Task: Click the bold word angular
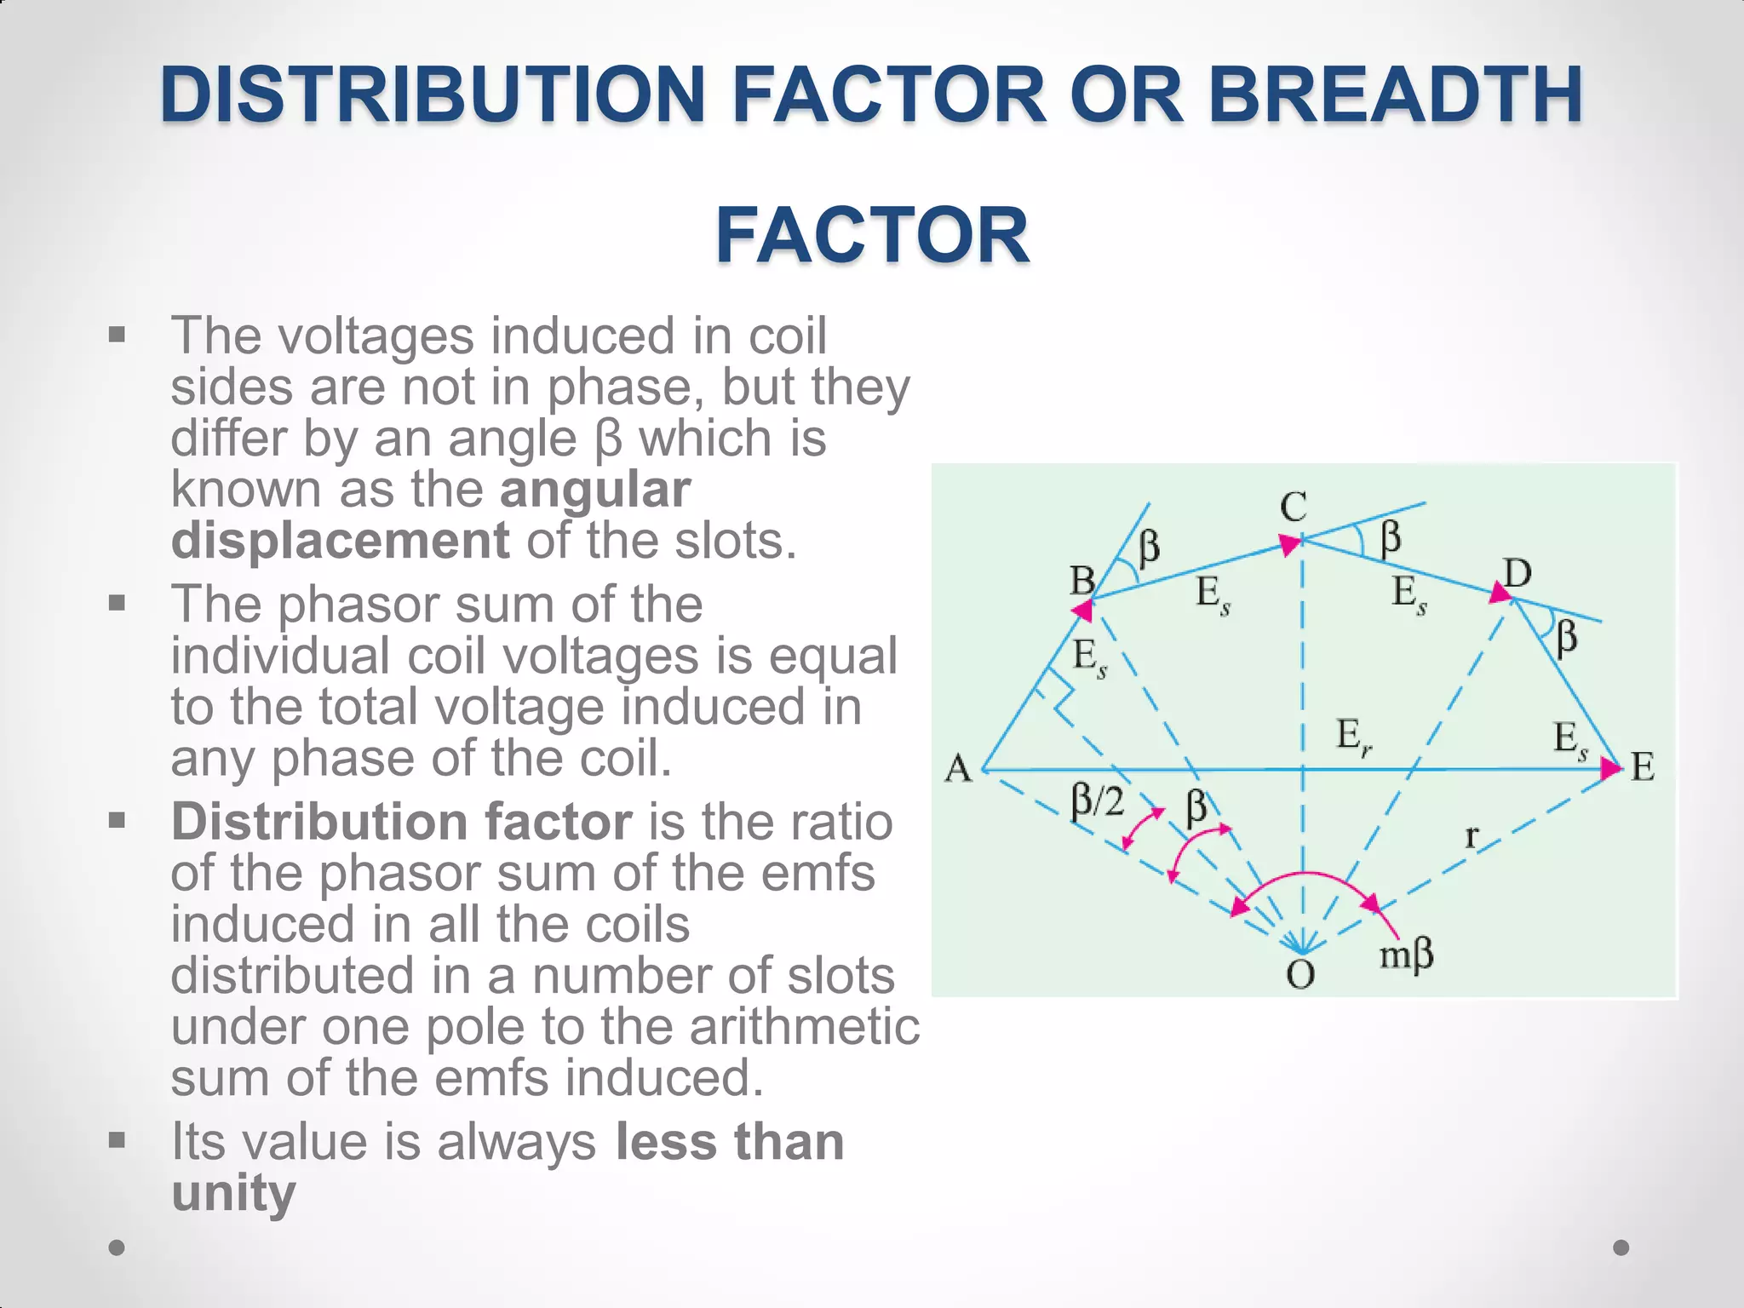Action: click(x=595, y=490)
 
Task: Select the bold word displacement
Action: click(x=340, y=541)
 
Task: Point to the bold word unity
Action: click(x=233, y=1193)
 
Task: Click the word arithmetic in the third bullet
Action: click(x=805, y=1026)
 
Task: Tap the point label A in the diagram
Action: click(x=958, y=769)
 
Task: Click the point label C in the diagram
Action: click(x=1293, y=508)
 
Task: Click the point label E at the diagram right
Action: click(x=1643, y=768)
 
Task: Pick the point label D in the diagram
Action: click(x=1517, y=574)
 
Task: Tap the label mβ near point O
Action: click(x=1407, y=955)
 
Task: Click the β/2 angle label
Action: click(x=1098, y=801)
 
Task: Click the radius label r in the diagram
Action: click(x=1471, y=837)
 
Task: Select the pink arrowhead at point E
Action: click(x=1610, y=769)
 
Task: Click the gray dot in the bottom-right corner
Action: click(x=1621, y=1248)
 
